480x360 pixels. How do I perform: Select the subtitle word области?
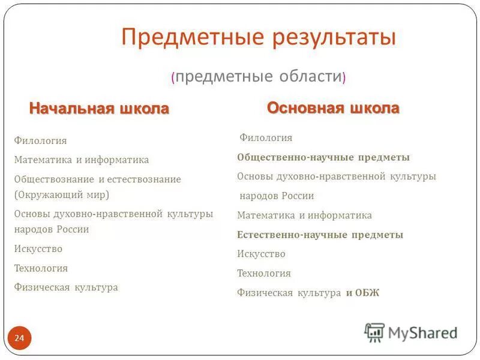coord(310,76)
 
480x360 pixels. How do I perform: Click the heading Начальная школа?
coord(99,109)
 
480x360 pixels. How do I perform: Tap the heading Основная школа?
coord(333,108)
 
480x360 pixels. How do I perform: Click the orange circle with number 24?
coord(19,339)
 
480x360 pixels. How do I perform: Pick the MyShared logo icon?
coord(374,332)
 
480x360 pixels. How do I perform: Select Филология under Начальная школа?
coord(40,141)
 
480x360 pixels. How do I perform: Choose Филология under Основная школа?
coord(266,138)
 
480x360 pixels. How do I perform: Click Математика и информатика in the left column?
coord(81,160)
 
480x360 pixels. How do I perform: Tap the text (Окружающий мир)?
coord(62,195)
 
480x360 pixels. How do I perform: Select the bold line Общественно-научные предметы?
coord(323,157)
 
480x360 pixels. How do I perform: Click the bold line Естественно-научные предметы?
coord(320,235)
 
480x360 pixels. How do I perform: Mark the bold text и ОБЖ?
coord(362,293)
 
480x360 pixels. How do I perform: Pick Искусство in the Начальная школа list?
coord(38,249)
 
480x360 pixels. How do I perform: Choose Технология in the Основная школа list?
coord(263,274)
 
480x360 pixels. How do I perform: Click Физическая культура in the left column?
coord(66,287)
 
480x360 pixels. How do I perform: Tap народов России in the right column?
coord(277,196)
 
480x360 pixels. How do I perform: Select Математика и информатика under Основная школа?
coord(304,215)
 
